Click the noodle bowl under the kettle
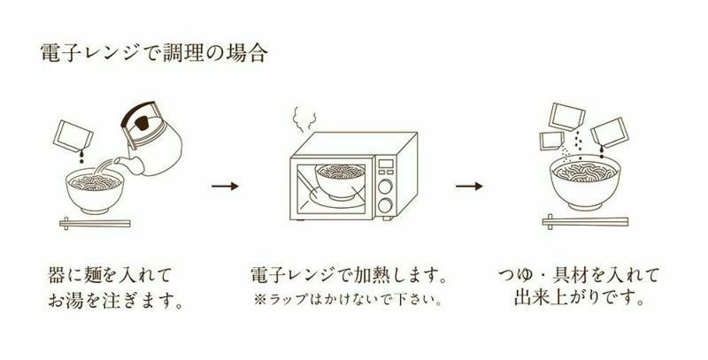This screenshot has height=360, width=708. click(x=91, y=188)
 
